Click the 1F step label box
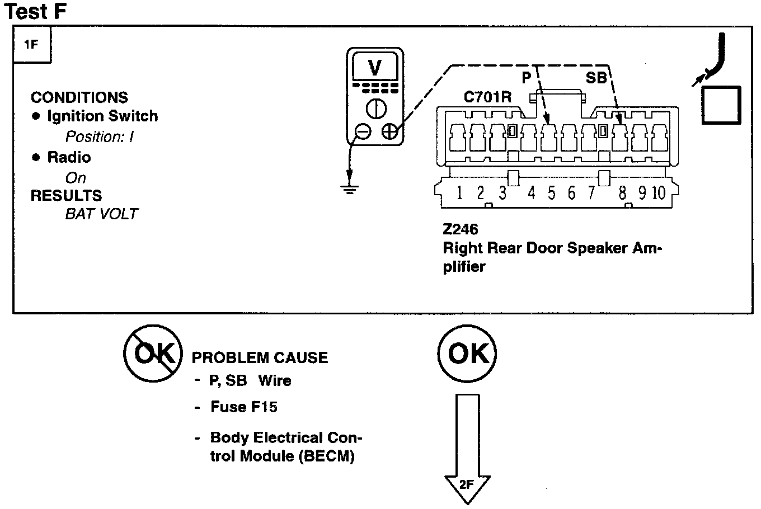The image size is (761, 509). click(x=31, y=45)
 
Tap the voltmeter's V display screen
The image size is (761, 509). click(x=375, y=68)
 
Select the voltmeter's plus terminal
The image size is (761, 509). click(x=389, y=131)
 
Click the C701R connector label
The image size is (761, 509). click(x=487, y=96)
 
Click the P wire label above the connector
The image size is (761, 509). click(x=527, y=78)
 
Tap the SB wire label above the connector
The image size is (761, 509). click(x=596, y=78)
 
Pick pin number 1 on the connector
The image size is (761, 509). click(x=459, y=194)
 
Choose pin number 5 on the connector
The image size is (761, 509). click(x=551, y=194)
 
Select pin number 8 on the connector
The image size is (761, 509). click(x=622, y=194)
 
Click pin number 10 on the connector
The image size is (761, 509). click(x=659, y=194)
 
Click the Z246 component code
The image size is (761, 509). click(x=460, y=229)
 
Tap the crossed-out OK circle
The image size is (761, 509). click(x=152, y=354)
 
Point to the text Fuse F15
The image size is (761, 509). click(x=244, y=407)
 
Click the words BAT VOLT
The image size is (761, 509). click(x=101, y=214)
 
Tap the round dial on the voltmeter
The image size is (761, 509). click(x=375, y=108)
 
